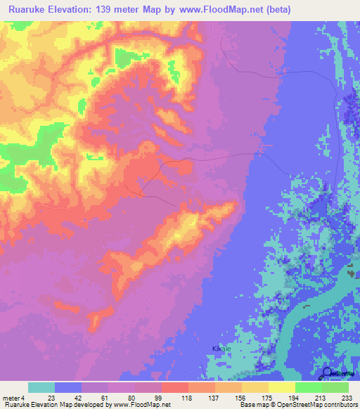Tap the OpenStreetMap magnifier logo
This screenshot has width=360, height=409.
328,374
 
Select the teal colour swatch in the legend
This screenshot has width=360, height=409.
41,387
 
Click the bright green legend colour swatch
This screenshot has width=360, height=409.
308,387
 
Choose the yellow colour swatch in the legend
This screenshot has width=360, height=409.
281,387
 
